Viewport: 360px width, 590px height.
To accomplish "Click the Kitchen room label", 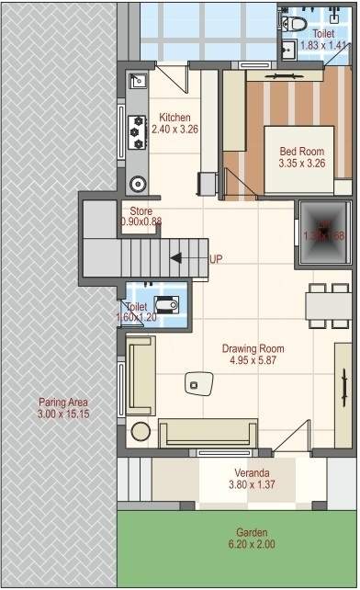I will (x=174, y=118).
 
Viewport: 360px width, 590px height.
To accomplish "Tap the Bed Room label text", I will (x=302, y=151).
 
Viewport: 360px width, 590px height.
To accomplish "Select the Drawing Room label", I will (x=253, y=349).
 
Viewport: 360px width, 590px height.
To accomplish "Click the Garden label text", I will (x=251, y=533).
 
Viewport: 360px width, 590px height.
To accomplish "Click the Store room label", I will (x=141, y=211).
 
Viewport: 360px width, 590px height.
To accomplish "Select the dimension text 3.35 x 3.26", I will (x=302, y=163).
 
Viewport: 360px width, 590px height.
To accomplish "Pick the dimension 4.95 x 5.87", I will (x=253, y=361).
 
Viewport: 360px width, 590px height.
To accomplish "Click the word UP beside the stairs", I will (x=216, y=259).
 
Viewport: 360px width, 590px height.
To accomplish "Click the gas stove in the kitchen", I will (x=139, y=130).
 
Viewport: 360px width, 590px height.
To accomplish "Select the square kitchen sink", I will (x=139, y=82).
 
